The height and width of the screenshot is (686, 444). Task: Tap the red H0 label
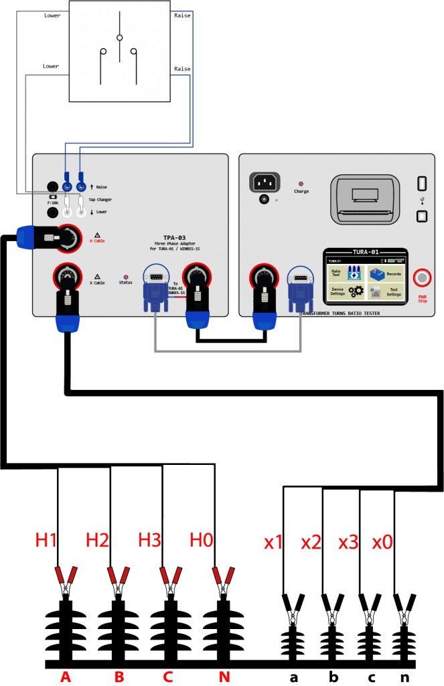coord(202,539)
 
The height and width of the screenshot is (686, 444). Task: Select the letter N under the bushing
coord(224,677)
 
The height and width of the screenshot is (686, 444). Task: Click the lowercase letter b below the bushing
coord(334,677)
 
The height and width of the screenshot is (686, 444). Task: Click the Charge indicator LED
coord(301,183)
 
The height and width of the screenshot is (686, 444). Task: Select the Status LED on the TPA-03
coord(126,276)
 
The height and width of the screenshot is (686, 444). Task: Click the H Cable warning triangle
coord(98,236)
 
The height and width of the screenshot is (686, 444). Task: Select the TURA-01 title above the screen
coord(366,251)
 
